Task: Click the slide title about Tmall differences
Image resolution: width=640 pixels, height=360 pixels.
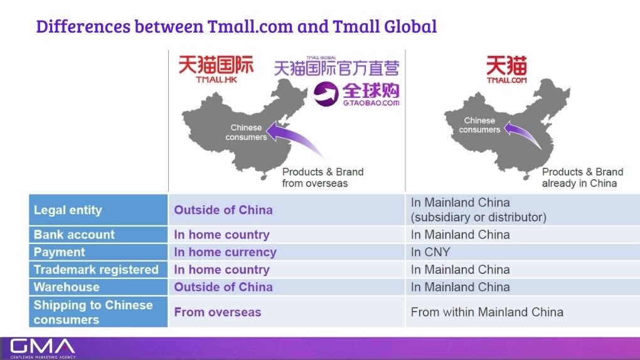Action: tap(237, 26)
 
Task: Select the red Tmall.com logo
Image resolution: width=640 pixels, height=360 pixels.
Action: tap(506, 70)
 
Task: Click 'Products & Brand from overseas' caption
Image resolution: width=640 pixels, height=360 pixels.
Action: tap(323, 177)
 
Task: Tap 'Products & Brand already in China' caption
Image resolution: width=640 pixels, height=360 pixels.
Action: tap(582, 177)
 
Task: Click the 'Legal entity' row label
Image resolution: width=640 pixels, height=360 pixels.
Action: tap(68, 210)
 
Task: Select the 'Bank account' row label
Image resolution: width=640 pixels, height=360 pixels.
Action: tap(74, 235)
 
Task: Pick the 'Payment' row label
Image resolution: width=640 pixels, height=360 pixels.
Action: tap(60, 252)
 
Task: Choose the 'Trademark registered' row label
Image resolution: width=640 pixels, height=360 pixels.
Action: tap(96, 270)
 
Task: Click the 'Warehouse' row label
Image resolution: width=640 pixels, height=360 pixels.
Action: tap(67, 287)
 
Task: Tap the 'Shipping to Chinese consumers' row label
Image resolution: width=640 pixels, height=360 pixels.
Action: tap(93, 312)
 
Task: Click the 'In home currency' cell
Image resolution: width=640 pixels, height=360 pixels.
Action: tap(225, 252)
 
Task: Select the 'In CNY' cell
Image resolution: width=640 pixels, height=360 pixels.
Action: tap(430, 252)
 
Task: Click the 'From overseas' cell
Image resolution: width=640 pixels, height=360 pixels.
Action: tap(217, 312)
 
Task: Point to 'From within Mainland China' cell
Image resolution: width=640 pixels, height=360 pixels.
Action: tap(487, 312)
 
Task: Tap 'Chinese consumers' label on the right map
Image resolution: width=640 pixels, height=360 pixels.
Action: tap(479, 125)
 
